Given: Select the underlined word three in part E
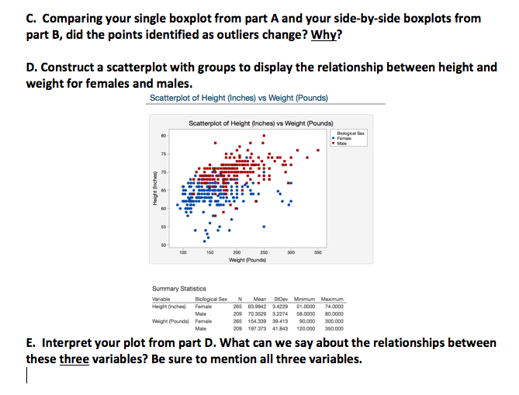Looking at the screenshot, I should click(74, 359).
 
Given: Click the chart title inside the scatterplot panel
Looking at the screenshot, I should click(261, 123).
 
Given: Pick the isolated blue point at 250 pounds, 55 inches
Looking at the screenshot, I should click(265, 228).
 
